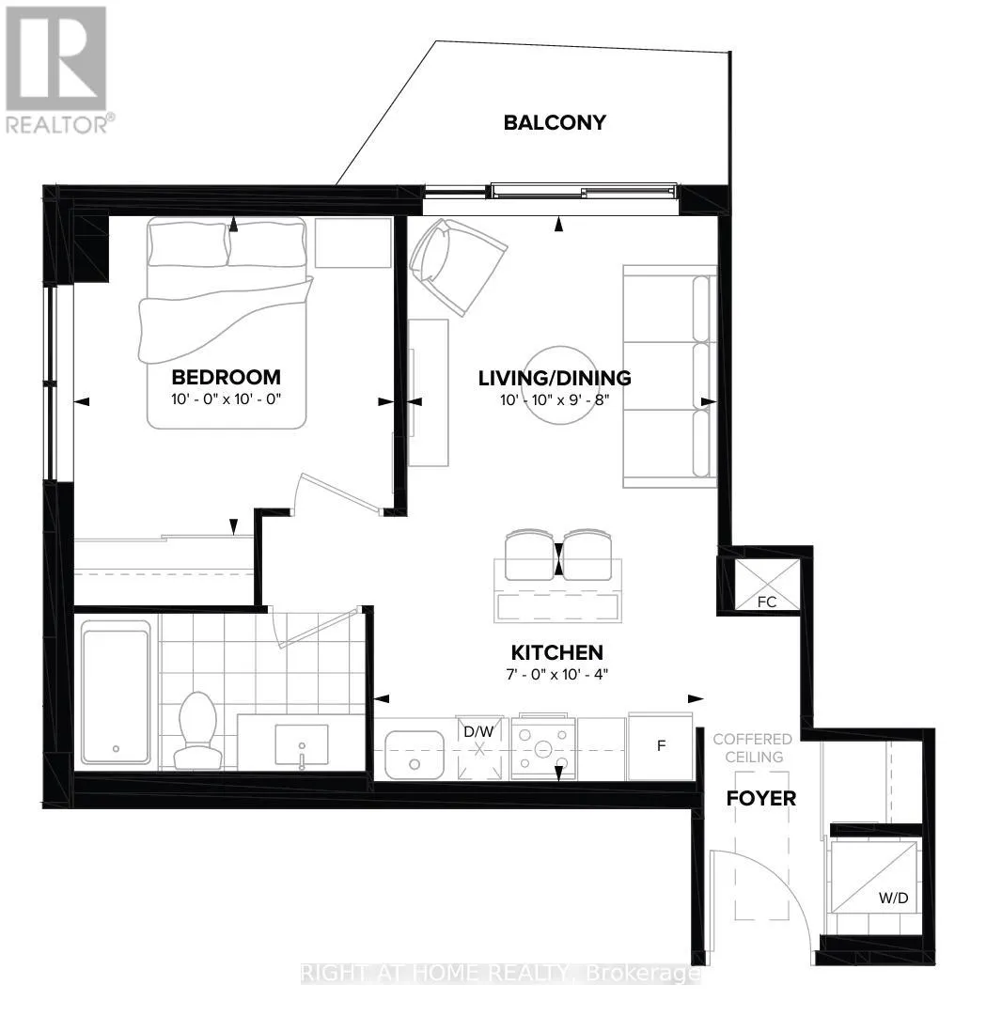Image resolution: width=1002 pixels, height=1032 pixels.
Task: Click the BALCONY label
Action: coord(555,122)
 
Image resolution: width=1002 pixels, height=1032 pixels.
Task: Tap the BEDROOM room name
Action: coord(226,377)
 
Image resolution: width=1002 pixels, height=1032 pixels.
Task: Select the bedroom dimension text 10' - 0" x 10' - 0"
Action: coord(226,398)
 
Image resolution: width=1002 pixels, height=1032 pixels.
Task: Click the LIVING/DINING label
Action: coord(555,378)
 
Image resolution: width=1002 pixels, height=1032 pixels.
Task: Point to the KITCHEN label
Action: coord(556,652)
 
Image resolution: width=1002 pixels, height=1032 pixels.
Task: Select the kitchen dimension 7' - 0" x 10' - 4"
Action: coord(556,673)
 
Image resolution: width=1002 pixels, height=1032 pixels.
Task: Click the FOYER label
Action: coord(761,798)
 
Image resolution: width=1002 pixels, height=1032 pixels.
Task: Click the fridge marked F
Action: coord(661,746)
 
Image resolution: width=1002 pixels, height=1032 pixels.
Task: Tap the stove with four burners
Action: coord(542,748)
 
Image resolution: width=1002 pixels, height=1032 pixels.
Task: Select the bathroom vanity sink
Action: coord(301,746)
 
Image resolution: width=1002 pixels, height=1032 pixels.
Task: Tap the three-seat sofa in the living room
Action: coord(669,376)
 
